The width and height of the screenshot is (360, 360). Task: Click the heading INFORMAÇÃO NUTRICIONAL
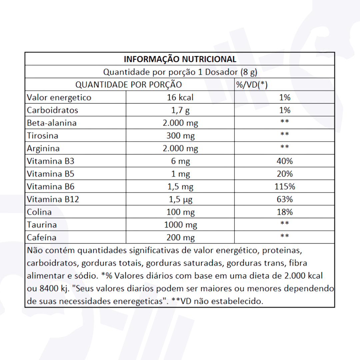click(x=180, y=59)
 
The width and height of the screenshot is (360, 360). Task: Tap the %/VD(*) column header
click(x=252, y=85)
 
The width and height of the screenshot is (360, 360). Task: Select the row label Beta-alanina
click(x=52, y=123)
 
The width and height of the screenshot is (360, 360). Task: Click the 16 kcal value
click(x=180, y=98)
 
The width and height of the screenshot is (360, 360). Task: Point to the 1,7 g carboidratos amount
click(x=180, y=110)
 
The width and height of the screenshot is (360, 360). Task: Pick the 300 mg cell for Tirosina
click(x=180, y=136)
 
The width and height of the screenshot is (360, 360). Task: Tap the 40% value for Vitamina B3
click(x=284, y=161)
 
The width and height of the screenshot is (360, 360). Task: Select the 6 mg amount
click(x=180, y=161)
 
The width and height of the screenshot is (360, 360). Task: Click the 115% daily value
click(x=284, y=186)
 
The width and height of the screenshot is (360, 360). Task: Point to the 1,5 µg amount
click(x=180, y=200)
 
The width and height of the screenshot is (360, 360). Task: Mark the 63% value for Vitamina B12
click(x=284, y=199)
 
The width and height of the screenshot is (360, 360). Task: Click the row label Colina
click(x=39, y=212)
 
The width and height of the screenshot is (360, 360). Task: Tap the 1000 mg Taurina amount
click(x=180, y=225)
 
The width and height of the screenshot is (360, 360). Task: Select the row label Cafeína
click(x=42, y=238)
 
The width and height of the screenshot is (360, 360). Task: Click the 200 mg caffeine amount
click(x=180, y=238)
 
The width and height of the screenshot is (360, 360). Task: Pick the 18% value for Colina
click(x=284, y=212)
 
